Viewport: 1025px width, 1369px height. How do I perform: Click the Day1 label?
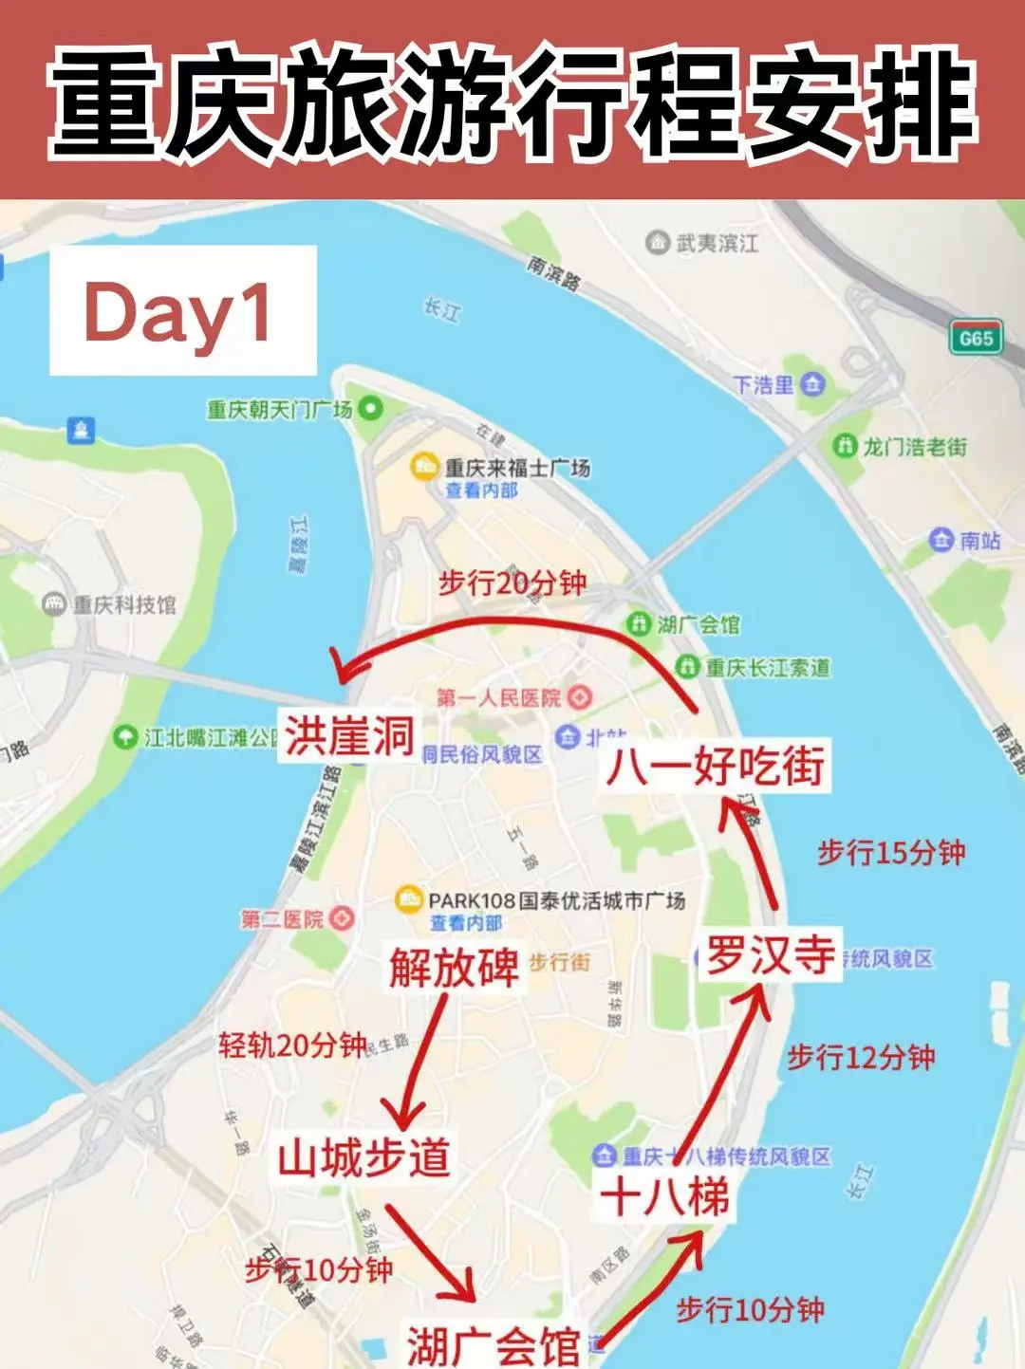click(181, 311)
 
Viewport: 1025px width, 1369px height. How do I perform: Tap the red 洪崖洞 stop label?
click(349, 736)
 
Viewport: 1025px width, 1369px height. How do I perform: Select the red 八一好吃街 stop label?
click(716, 765)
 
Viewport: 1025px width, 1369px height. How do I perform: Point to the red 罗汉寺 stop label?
click(770, 954)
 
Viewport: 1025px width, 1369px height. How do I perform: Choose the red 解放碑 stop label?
click(454, 967)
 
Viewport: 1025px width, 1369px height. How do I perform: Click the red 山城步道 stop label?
click(363, 1157)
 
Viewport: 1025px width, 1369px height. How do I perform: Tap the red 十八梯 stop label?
click(664, 1195)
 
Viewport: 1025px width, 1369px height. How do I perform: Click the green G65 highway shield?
click(975, 338)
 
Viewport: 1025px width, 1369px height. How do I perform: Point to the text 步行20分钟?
click(512, 583)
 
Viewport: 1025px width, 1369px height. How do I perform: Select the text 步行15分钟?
click(891, 852)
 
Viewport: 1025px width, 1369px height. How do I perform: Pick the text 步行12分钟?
click(861, 1056)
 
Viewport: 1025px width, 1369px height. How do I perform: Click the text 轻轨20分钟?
click(292, 1045)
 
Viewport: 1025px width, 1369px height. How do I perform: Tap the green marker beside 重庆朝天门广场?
click(370, 409)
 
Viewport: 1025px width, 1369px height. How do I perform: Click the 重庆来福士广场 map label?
click(517, 468)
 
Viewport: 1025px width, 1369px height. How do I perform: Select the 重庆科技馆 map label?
click(124, 604)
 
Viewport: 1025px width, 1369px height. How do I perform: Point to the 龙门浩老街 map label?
click(914, 446)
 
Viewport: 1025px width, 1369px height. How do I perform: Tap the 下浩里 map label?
click(764, 384)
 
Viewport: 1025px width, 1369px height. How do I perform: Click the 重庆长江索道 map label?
click(767, 667)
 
